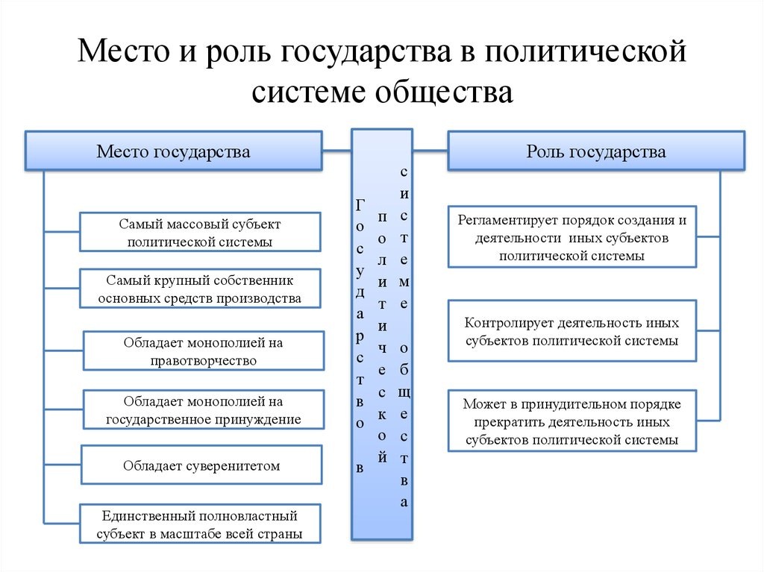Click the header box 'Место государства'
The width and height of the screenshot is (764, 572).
[173, 151]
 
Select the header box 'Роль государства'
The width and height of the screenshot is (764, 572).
[595, 151]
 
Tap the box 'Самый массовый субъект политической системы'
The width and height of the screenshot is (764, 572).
[200, 232]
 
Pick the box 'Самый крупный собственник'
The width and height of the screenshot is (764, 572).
[200, 289]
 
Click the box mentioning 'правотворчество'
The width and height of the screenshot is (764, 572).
[203, 351]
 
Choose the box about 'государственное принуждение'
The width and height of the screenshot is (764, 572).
[203, 409]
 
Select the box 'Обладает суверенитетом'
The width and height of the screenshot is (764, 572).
[201, 465]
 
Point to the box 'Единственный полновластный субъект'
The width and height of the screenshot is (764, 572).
[200, 524]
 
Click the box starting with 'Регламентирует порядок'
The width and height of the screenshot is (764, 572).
[572, 237]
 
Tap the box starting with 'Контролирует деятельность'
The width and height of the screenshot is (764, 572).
[572, 331]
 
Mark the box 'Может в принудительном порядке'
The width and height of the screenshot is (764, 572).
[572, 421]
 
